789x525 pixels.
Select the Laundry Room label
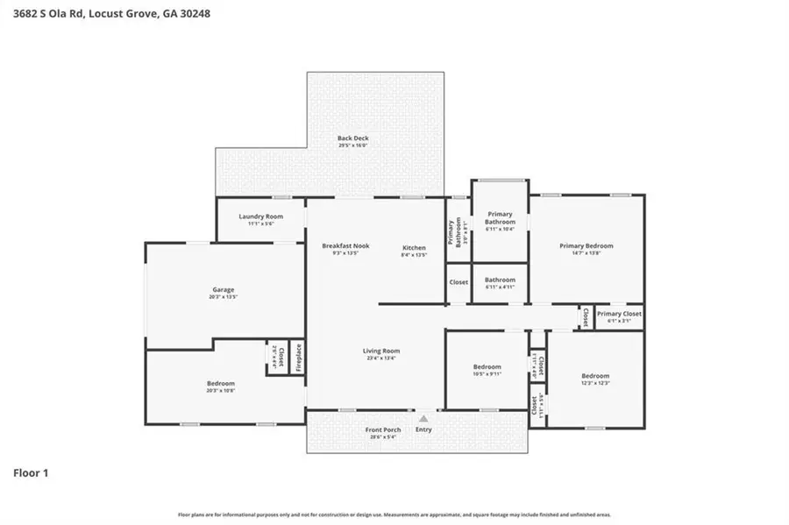coord(260,219)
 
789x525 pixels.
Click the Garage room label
coord(223,293)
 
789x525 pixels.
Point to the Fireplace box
coord(297,358)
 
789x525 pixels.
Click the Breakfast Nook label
coord(345,249)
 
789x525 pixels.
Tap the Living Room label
coord(380,354)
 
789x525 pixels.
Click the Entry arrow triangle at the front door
coord(424,419)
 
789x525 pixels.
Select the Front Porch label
coord(383,432)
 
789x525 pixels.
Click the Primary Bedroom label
coord(586,249)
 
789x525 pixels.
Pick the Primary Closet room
coord(619,316)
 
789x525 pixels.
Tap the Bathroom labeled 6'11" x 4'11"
coord(500,282)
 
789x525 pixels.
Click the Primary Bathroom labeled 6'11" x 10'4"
coord(500,221)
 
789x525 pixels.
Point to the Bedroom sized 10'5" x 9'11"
coord(487,370)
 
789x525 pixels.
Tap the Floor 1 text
coord(31,473)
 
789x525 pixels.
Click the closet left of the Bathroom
coord(458,282)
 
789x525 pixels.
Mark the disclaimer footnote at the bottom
coord(394,514)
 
